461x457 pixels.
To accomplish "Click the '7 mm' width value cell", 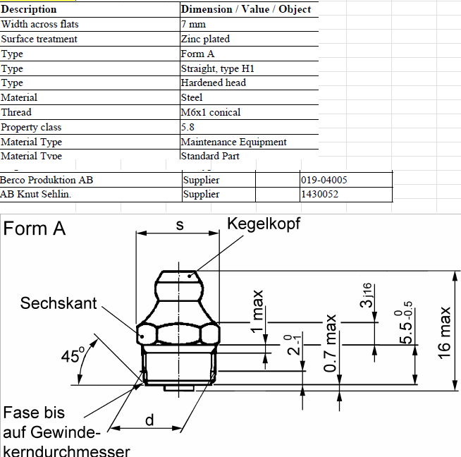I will coord(195,24).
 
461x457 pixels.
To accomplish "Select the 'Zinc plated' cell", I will coord(205,39).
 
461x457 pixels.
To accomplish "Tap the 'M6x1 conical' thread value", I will coord(211,112).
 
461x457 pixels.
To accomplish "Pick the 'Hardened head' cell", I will coord(214,83).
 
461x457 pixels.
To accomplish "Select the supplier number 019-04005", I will coord(324,180).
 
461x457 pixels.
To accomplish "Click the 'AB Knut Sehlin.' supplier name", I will coord(36,194).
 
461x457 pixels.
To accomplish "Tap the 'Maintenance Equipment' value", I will coord(234,142).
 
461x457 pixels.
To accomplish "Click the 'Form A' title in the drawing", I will coord(35,228).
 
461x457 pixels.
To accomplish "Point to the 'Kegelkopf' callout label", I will coord(264,224).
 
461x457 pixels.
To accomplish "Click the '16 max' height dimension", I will coord(444,331).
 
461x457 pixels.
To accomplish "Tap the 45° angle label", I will coord(72,355).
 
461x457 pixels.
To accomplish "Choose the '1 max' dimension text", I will coord(258,311).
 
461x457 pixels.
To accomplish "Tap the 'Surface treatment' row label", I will coord(39,39).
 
